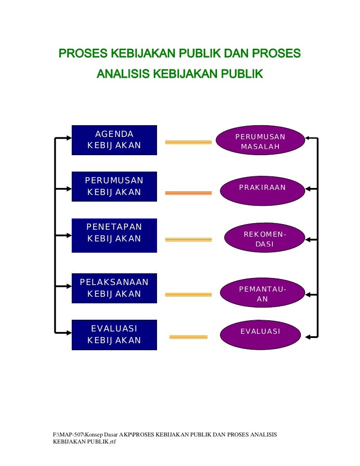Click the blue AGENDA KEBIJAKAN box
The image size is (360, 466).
(x=114, y=140)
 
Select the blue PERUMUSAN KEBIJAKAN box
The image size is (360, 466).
(x=114, y=187)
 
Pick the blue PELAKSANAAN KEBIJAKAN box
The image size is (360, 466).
(x=114, y=288)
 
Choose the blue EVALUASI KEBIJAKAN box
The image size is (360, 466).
(x=114, y=334)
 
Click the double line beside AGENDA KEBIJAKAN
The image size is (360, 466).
(x=188, y=142)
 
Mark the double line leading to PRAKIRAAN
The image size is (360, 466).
(x=188, y=193)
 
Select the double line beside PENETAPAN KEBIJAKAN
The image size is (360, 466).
(x=188, y=240)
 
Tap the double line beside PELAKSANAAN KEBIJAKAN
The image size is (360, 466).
(x=188, y=294)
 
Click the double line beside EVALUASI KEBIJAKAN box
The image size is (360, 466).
(x=188, y=337)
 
